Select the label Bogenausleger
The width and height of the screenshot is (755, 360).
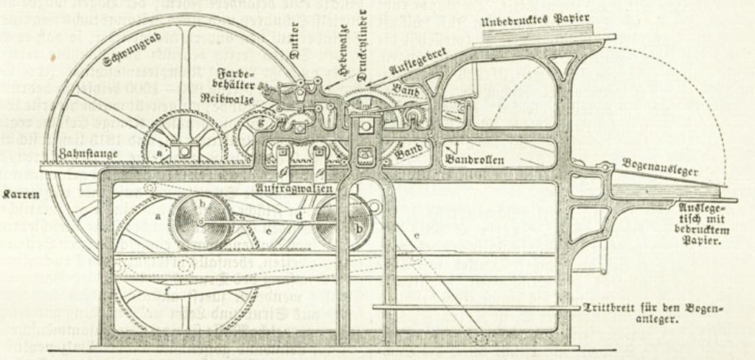(x=660, y=167)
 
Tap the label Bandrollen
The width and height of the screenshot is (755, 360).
(x=473, y=159)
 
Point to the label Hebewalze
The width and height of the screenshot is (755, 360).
(x=341, y=61)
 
